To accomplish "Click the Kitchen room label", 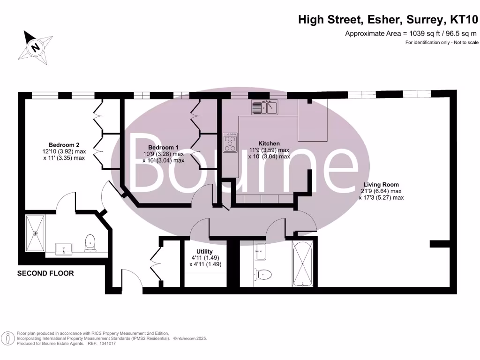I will tap(269, 143).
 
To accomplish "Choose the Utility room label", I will tap(204, 252).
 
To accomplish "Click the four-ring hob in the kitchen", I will tap(230, 142).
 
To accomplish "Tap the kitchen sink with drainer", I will tap(265, 108).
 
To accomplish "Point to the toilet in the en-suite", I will tap(90, 243).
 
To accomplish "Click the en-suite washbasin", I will tap(64, 248).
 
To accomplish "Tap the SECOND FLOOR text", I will tap(45, 273).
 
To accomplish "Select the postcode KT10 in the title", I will tap(464, 20).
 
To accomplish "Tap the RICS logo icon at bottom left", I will tap(7, 338).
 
